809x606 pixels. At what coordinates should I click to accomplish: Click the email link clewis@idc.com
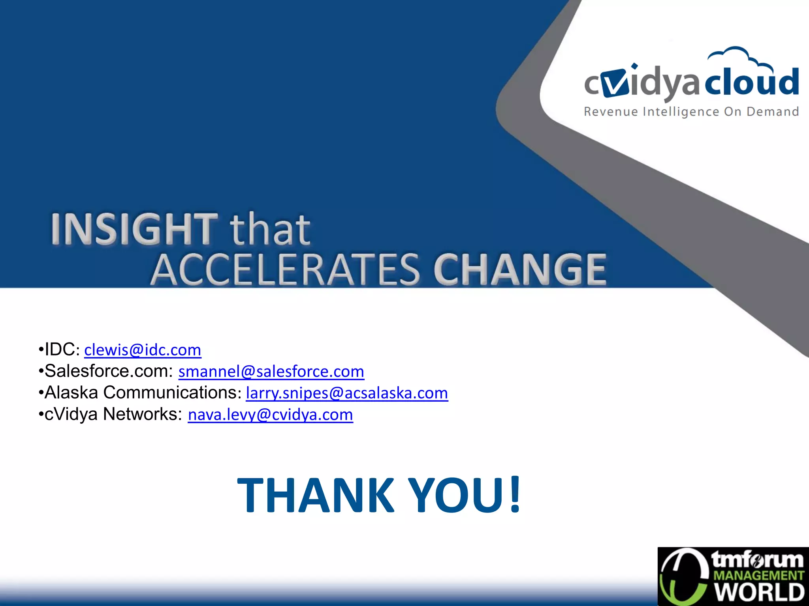pos(143,350)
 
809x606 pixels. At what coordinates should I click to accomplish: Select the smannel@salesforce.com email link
pos(271,372)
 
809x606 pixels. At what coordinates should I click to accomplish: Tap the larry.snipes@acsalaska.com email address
pos(347,393)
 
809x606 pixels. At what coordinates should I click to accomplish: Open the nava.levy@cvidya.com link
pos(270,415)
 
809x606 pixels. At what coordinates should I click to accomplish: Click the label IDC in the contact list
pos(60,350)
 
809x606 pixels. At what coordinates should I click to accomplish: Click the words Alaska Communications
pos(140,393)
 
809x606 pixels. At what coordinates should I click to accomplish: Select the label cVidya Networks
pos(113,414)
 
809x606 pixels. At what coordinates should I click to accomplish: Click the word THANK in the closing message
pos(315,495)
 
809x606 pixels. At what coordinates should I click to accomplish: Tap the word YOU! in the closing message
pos(465,495)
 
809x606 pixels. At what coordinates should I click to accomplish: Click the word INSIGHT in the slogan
pos(134,229)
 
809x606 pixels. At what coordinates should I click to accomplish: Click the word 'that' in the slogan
pos(271,230)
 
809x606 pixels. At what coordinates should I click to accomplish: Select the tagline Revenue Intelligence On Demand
pos(691,112)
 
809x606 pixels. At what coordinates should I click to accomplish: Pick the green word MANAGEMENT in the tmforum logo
pos(759,576)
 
